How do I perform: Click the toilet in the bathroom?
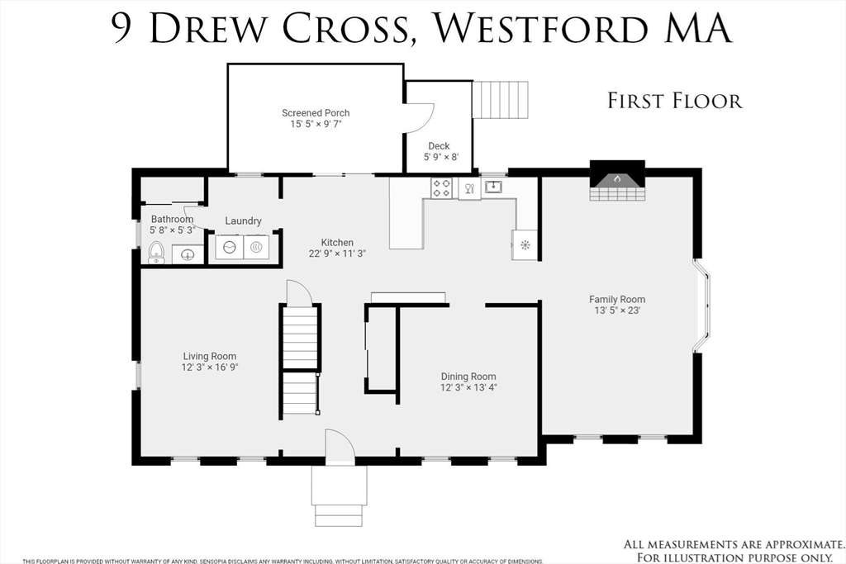coord(156,253)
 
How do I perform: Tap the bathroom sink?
coord(188,254)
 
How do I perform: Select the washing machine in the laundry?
coord(230,247)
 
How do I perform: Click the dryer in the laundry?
coord(256,247)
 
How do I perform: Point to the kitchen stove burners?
coord(441,188)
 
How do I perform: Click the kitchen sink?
coord(493,187)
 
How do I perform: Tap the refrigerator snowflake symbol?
coord(525,245)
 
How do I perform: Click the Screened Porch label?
coord(316,112)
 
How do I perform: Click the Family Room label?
coord(617,299)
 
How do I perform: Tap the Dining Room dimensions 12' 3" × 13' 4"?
coord(468,387)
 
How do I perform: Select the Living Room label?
coord(209,356)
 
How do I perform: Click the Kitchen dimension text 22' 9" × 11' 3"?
coord(337,254)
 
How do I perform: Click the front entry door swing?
coord(340,447)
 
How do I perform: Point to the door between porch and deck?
coord(420,117)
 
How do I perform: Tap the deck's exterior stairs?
coord(500,100)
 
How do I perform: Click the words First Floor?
coord(675,101)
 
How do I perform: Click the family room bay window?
coord(702,306)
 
